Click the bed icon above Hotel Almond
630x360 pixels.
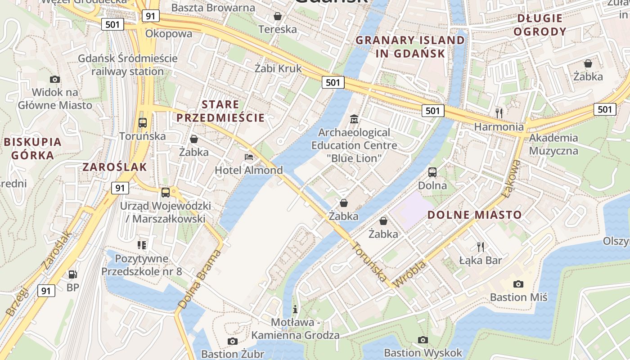248,157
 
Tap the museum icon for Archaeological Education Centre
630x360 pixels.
354,119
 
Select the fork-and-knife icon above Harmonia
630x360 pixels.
499,113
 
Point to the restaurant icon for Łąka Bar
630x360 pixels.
481,247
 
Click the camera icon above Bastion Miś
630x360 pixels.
518,284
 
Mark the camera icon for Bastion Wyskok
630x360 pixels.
423,340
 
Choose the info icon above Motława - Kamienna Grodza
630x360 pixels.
295,309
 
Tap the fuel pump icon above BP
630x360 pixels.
72,274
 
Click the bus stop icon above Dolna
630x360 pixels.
432,172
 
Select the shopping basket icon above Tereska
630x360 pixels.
278,16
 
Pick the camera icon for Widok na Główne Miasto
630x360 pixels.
55,79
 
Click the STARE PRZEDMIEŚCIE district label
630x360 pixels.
220,111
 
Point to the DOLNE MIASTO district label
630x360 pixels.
474,215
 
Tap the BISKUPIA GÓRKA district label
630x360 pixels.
33,148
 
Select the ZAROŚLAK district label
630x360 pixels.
115,167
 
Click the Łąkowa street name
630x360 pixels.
512,179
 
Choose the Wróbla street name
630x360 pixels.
410,273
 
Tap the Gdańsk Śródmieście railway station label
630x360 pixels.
128,65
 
